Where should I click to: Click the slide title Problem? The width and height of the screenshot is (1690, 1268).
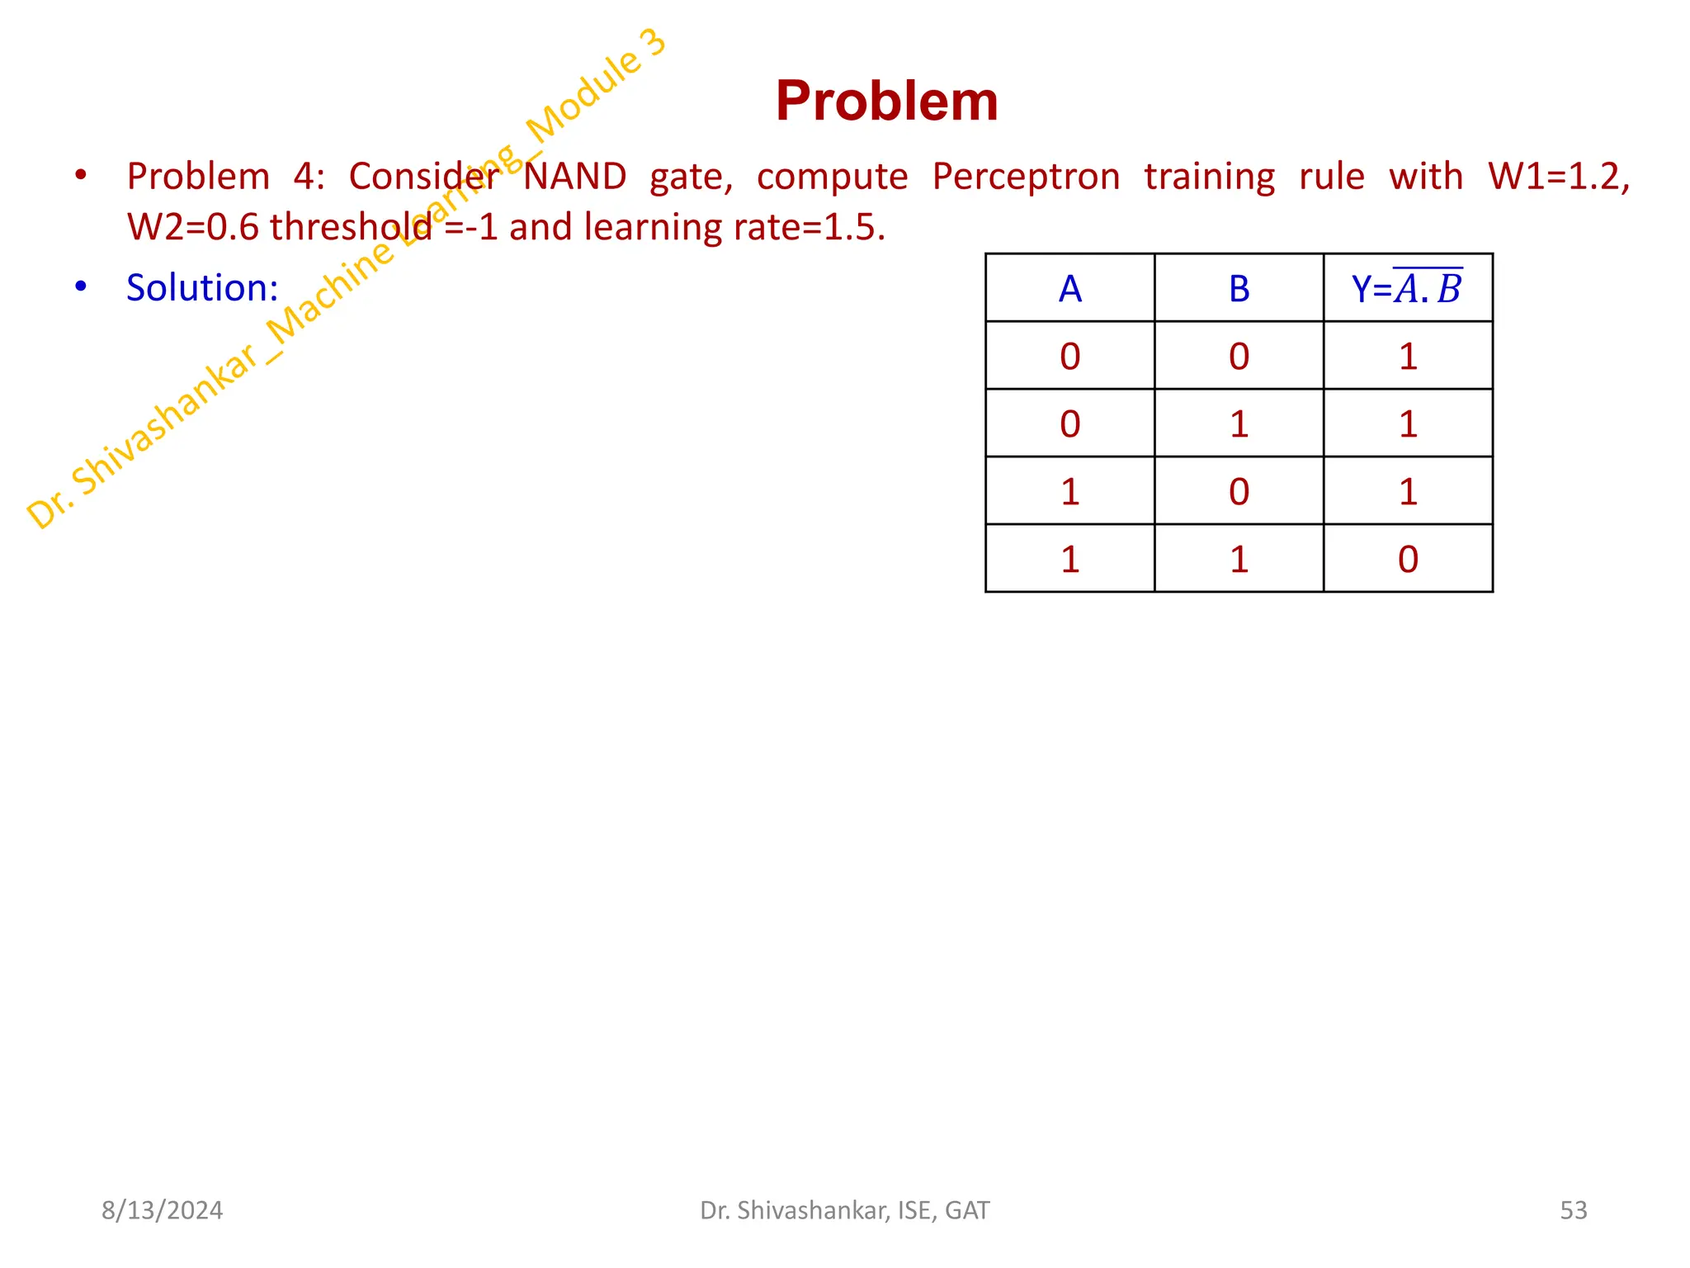coord(886,102)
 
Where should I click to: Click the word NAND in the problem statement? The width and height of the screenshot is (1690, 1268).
coord(575,177)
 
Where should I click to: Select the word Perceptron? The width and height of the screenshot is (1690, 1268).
coord(1026,177)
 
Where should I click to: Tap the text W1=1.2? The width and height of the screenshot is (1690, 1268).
coord(1558,177)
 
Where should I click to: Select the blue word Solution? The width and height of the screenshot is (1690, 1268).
coord(202,288)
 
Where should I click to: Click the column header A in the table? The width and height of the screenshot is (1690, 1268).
coord(1069,289)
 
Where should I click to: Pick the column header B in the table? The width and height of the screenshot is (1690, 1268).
coord(1239,289)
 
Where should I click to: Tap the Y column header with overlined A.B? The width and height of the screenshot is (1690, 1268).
coord(1407,289)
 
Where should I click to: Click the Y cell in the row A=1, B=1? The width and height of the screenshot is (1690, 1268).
coord(1408,559)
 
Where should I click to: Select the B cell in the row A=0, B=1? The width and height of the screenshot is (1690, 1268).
coord(1239,423)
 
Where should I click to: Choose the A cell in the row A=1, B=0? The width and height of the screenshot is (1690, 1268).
coord(1069,491)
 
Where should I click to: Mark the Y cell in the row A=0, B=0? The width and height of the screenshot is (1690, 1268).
coord(1408,356)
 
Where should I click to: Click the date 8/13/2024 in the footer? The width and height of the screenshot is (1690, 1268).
coord(162,1210)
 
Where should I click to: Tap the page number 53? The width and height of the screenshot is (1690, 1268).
coord(1573,1210)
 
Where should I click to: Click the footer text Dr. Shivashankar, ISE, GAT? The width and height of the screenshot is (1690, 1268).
coord(844,1210)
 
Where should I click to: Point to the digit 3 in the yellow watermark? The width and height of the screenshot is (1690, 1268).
coord(654,42)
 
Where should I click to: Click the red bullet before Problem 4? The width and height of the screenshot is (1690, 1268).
coord(80,175)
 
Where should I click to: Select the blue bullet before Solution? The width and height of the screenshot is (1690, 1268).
coord(80,286)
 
